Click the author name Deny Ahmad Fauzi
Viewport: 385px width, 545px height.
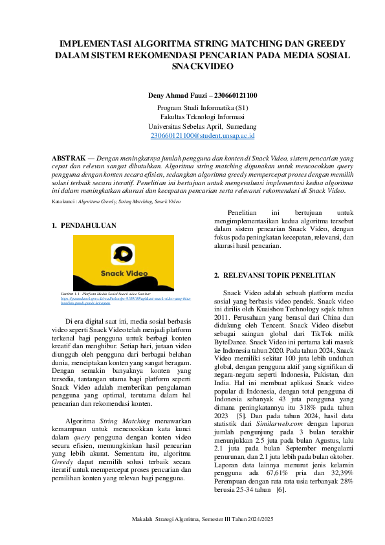175,96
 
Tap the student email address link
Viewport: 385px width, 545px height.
202,136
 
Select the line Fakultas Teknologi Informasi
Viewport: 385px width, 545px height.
202,117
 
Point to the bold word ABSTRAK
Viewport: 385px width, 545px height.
68,158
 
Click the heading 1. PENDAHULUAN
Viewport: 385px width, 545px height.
83,225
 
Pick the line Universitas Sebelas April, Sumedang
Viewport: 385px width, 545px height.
202,126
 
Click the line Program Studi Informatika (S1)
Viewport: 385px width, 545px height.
202,107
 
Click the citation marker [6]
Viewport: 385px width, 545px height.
281,490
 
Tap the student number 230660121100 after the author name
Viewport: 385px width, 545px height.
232,96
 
